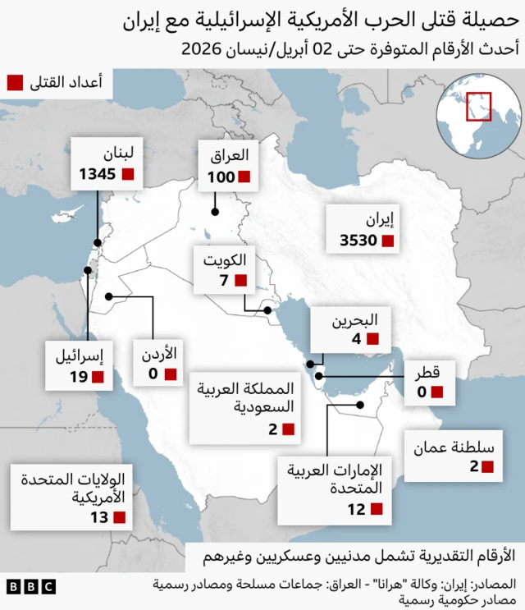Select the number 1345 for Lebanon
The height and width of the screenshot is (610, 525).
click(97, 174)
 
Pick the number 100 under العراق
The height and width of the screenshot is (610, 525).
click(221, 177)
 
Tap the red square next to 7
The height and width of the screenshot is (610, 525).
click(240, 281)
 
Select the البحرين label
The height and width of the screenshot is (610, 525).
click(354, 319)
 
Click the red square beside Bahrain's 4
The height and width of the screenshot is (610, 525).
click(372, 338)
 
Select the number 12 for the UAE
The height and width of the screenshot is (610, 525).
click(354, 510)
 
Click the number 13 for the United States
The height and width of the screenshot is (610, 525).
click(99, 517)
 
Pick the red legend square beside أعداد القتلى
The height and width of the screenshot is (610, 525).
click(14, 81)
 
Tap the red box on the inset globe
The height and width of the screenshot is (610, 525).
click(477, 107)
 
